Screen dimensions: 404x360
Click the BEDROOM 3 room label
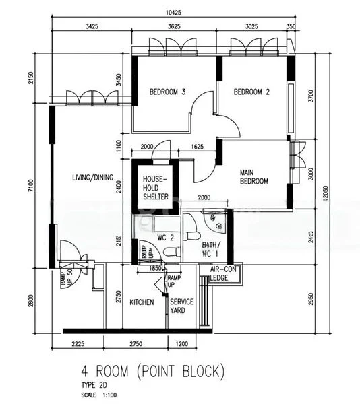click(167, 93)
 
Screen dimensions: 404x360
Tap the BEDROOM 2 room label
click(251, 93)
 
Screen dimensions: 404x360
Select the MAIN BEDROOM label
click(254, 176)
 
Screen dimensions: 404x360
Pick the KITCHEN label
click(142, 302)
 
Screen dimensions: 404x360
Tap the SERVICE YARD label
click(181, 306)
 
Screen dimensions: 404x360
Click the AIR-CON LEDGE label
click(220, 273)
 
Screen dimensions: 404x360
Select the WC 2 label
click(166, 237)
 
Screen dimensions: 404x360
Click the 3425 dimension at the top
click(90, 27)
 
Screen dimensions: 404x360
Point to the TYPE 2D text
click(96, 386)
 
